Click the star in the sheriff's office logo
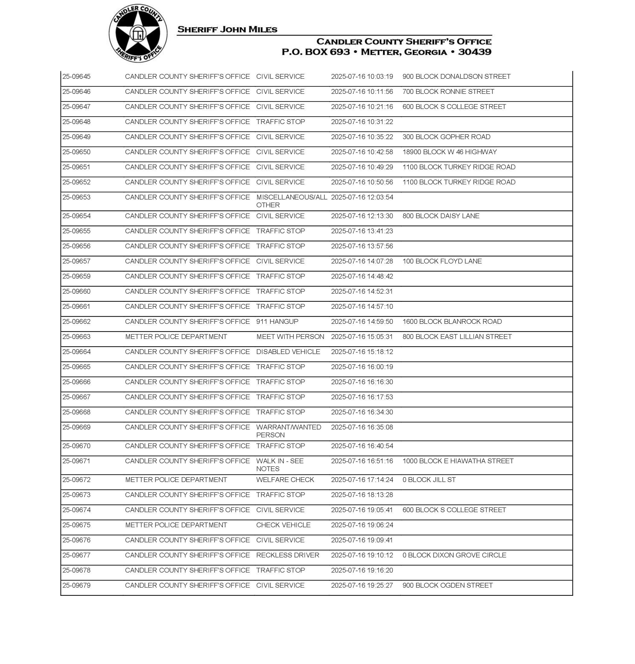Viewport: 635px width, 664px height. pyautogui.click(x=138, y=34)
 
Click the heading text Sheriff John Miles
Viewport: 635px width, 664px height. pyautogui.click(x=227, y=30)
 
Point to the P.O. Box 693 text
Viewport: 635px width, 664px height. pyautogui.click(x=316, y=52)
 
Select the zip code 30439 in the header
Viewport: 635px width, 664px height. pyautogui.click(x=475, y=52)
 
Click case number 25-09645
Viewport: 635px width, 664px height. pyautogui.click(x=77, y=77)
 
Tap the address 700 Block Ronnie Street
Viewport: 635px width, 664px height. pyautogui.click(x=448, y=92)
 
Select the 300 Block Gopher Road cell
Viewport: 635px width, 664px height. pyautogui.click(x=446, y=137)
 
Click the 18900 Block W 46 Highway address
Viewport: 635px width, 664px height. pyautogui.click(x=449, y=152)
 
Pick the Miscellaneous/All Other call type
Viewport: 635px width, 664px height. pyautogui.click(x=291, y=201)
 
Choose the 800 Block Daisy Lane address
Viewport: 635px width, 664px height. pyautogui.click(x=441, y=216)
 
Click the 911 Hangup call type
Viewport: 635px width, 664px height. pyautogui.click(x=277, y=322)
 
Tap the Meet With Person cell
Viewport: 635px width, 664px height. pyautogui.click(x=290, y=337)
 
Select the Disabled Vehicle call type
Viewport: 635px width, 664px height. pyautogui.click(x=288, y=352)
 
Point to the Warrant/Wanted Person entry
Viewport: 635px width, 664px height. pyautogui.click(x=288, y=431)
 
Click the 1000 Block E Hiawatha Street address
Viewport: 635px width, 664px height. pyautogui.click(x=458, y=461)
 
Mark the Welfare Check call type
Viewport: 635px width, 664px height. pyautogui.click(x=285, y=480)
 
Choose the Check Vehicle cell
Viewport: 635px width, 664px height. pyautogui.click(x=283, y=525)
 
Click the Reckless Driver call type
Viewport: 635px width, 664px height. pyautogui.click(x=287, y=555)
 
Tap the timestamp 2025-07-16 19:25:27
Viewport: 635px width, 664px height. pyautogui.click(x=362, y=586)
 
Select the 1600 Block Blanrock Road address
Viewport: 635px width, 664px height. pyautogui.click(x=452, y=322)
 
